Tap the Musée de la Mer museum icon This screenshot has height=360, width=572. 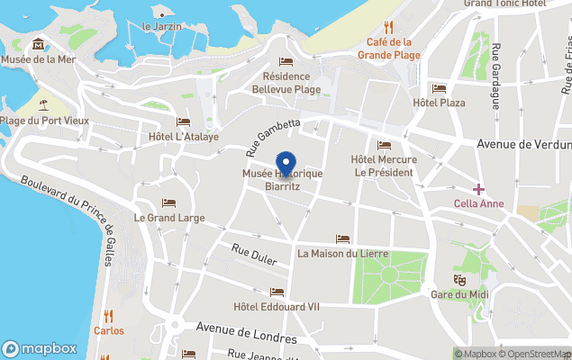(38, 44)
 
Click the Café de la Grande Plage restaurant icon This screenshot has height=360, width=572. (389, 27)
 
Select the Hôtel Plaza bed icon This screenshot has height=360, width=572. (439, 88)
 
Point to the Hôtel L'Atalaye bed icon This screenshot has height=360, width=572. (184, 121)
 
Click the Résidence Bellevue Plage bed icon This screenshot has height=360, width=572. (286, 61)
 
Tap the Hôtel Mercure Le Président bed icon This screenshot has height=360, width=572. (384, 146)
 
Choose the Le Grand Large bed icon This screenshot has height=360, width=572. (168, 202)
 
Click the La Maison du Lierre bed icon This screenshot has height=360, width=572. (342, 238)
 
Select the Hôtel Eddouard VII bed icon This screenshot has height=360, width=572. (277, 292)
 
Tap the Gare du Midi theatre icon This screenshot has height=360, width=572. (459, 279)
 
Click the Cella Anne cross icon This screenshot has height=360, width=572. (478, 189)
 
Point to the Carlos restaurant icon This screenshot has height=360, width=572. (109, 315)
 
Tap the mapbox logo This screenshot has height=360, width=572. (40, 348)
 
